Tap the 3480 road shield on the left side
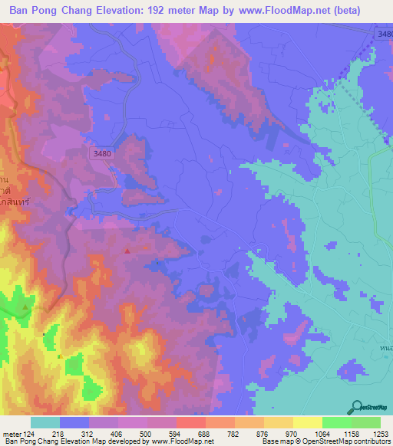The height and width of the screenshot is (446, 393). coord(100,153)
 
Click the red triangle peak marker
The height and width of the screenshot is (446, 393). coord(127,250)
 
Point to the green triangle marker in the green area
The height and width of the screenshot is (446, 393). coord(25,307)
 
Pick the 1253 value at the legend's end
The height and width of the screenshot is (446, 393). coord(381,434)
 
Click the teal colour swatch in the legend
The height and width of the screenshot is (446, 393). coord(45,422)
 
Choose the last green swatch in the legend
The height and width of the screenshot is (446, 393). coord(366,422)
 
